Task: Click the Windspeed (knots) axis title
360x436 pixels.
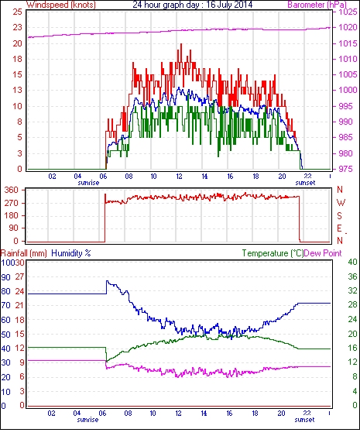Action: click(x=61, y=5)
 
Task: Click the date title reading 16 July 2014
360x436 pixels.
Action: click(x=229, y=5)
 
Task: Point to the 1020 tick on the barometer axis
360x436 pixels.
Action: click(x=348, y=27)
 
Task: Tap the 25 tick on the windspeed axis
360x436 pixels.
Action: click(x=18, y=12)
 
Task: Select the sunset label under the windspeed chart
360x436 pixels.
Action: click(x=305, y=183)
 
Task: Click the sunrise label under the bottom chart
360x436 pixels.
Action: click(x=87, y=419)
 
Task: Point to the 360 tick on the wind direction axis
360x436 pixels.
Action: click(x=12, y=191)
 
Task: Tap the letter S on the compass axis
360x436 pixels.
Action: click(x=339, y=215)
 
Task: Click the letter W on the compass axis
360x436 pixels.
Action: click(x=341, y=203)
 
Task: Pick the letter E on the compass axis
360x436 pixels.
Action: click(x=339, y=228)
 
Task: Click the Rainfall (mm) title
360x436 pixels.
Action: click(x=24, y=253)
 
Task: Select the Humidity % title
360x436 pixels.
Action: click(x=71, y=253)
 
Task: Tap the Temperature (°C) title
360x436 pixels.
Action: click(x=273, y=253)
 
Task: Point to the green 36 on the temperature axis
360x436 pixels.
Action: click(x=352, y=276)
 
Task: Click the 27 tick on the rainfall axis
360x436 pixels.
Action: click(x=19, y=276)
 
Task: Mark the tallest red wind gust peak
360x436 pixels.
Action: click(x=181, y=44)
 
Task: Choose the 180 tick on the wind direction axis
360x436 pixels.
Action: click(x=12, y=215)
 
